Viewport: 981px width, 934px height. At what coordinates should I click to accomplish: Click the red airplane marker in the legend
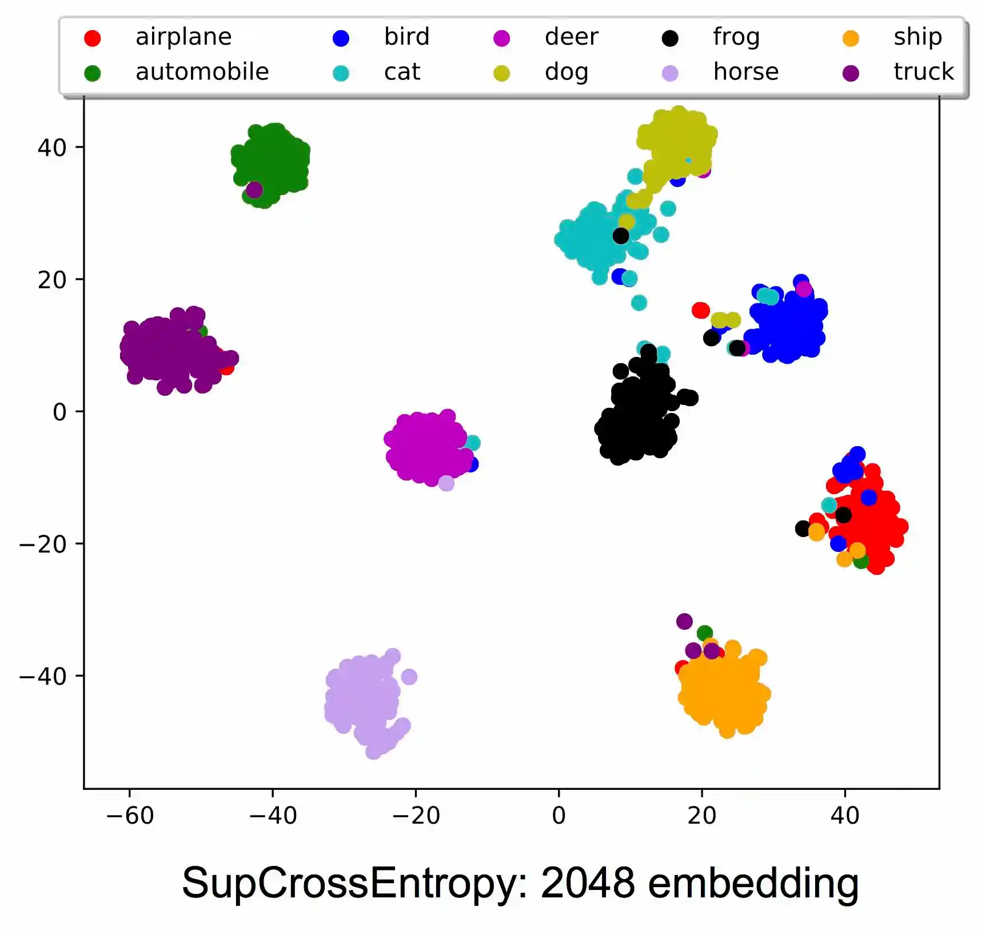point(92,38)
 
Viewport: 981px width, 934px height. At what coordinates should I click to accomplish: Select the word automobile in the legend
point(202,72)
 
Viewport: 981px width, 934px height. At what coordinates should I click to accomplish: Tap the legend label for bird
point(406,37)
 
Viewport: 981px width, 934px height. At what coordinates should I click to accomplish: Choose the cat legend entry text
point(402,72)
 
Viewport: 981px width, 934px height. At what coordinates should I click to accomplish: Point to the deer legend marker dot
point(501,38)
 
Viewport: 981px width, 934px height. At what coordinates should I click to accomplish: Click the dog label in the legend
point(566,73)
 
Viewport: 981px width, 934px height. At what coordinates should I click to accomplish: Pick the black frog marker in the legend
point(669,38)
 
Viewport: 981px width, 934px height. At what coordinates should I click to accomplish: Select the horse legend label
point(745,72)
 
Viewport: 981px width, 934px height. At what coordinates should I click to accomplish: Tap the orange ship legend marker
point(851,38)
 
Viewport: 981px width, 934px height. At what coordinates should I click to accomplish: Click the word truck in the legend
point(923,72)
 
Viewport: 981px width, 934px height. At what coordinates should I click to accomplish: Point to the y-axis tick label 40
point(52,148)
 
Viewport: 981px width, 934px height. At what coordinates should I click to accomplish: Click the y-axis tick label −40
point(43,677)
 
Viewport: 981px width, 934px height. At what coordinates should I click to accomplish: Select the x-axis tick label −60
point(130,816)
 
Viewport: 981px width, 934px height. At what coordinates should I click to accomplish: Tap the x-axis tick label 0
point(559,816)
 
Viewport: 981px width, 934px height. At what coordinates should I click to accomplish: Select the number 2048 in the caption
point(587,883)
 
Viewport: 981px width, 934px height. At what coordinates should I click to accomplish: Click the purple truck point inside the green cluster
point(254,189)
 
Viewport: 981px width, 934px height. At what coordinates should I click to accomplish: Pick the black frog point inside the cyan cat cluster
point(621,236)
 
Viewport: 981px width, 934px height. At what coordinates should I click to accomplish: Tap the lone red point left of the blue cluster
point(700,311)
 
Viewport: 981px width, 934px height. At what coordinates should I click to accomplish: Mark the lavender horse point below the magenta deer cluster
point(446,483)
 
